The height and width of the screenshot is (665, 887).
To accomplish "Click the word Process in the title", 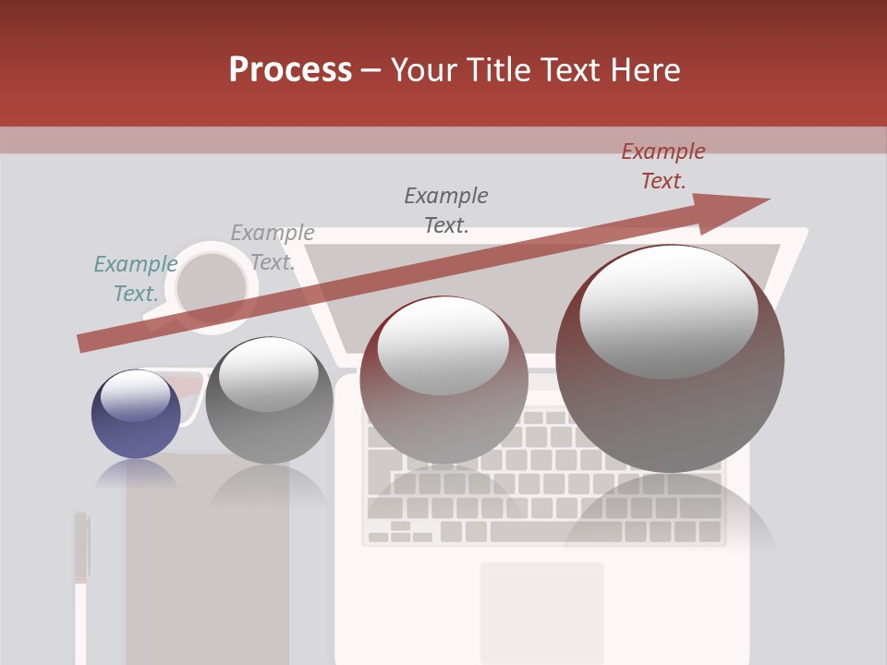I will click(x=290, y=70).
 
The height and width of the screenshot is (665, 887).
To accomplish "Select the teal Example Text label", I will click(x=135, y=279).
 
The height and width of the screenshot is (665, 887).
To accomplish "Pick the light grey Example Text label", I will click(x=272, y=248).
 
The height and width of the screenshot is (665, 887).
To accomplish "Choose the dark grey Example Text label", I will click(x=446, y=210).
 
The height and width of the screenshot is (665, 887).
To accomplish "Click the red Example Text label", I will click(x=663, y=166).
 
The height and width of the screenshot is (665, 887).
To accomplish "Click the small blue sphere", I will click(x=136, y=415).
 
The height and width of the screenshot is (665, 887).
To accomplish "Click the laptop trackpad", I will click(x=541, y=610).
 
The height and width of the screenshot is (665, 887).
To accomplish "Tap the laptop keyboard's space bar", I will click(x=554, y=532).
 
